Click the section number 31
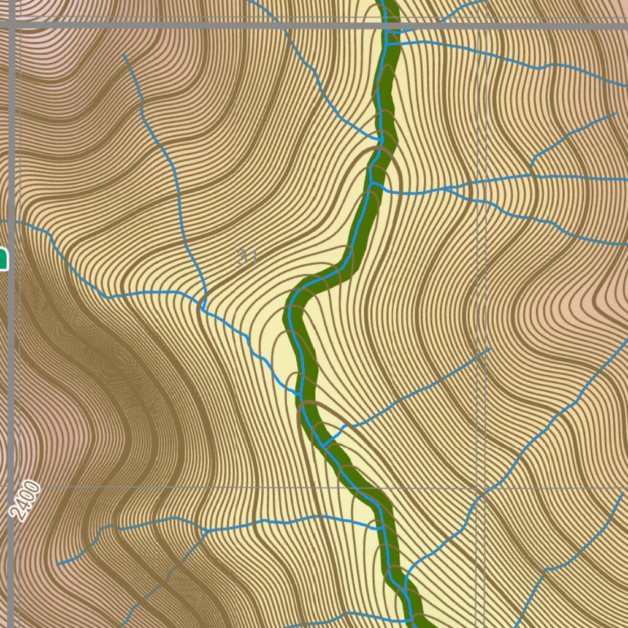pos(247,257)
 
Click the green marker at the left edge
pos(3,258)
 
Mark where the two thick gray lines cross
pos(12,25)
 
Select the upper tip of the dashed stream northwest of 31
pos(124,56)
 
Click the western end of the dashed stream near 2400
pos(59,563)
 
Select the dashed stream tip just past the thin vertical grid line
pos(489,350)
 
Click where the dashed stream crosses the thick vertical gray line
pos(12,221)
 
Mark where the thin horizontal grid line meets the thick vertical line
pos(12,488)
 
